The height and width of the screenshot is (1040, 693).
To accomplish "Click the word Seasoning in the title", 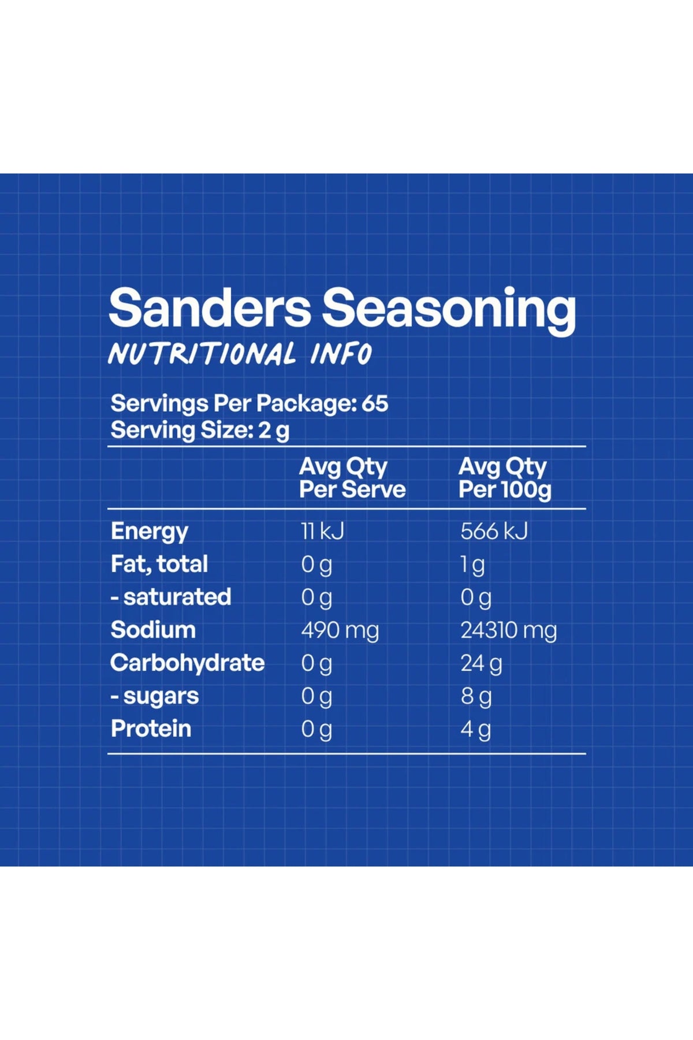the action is [x=449, y=311].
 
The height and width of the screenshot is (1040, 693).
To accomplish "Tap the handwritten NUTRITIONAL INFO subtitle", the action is [x=240, y=354].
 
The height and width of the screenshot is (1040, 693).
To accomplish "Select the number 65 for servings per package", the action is [x=375, y=403].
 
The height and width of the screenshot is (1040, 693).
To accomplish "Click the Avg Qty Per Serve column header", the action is [x=352, y=478].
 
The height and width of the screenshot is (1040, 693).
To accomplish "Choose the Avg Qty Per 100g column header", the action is [x=505, y=478].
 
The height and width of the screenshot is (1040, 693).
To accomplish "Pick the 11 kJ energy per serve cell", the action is [x=322, y=531].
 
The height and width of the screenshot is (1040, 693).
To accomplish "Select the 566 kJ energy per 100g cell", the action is [x=494, y=531].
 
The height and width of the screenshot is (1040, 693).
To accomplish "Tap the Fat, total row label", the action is [x=159, y=564].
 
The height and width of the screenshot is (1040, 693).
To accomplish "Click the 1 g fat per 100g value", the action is [x=472, y=565].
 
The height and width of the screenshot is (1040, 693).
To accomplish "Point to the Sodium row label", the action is [x=153, y=630].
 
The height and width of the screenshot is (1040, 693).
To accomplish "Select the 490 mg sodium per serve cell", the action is [x=340, y=631].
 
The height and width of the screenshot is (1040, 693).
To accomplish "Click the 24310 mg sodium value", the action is [x=509, y=631].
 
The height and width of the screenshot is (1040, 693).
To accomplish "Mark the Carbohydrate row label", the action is [x=188, y=663].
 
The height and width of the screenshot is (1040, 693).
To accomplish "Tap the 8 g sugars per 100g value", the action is [x=476, y=697].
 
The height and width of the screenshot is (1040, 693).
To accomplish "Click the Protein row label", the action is [x=151, y=729].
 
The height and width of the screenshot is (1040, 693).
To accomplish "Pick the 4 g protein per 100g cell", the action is [x=476, y=730].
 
